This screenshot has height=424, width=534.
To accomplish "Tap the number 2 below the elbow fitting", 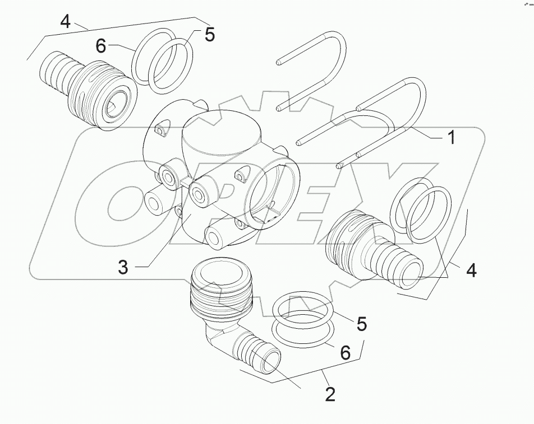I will tap(330, 394).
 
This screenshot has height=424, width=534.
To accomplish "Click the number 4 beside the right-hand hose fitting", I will tap(471, 270).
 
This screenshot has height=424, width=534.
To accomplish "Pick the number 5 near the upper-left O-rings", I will tap(209, 35).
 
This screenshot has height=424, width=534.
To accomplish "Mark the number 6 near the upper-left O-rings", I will tap(100, 46).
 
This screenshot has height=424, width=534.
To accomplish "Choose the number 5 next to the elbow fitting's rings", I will tap(361, 323).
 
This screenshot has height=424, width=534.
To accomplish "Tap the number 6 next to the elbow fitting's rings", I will tap(345, 352).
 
